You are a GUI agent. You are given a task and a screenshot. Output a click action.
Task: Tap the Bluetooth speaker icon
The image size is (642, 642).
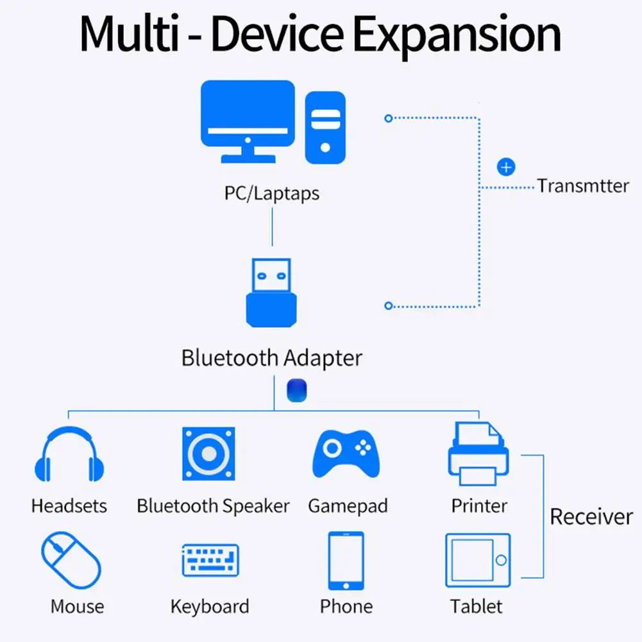click(x=208, y=454)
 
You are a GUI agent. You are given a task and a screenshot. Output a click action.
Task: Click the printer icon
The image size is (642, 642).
click(x=478, y=453)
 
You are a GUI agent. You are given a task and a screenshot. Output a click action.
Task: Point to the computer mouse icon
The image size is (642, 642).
click(x=71, y=561)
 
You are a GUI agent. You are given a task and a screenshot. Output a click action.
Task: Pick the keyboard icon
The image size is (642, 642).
click(x=210, y=561)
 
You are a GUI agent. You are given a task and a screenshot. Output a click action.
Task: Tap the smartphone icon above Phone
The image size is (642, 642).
click(x=346, y=561)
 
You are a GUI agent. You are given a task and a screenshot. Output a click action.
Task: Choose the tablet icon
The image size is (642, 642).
click(x=478, y=561)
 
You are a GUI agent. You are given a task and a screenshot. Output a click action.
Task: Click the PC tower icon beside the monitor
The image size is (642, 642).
click(x=325, y=127)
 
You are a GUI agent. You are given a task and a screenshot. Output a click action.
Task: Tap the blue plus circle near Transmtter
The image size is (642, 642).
click(x=507, y=167)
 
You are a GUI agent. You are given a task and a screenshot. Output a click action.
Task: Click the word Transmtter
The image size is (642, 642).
click(x=583, y=187)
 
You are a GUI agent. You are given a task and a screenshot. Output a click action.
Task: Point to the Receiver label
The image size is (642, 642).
click(x=591, y=517)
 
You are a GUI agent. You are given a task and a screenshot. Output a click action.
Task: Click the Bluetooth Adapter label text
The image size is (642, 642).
click(x=272, y=358)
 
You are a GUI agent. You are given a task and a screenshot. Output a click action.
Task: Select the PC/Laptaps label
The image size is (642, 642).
click(x=272, y=193)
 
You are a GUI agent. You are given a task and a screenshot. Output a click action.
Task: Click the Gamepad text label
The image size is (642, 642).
click(x=348, y=506)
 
